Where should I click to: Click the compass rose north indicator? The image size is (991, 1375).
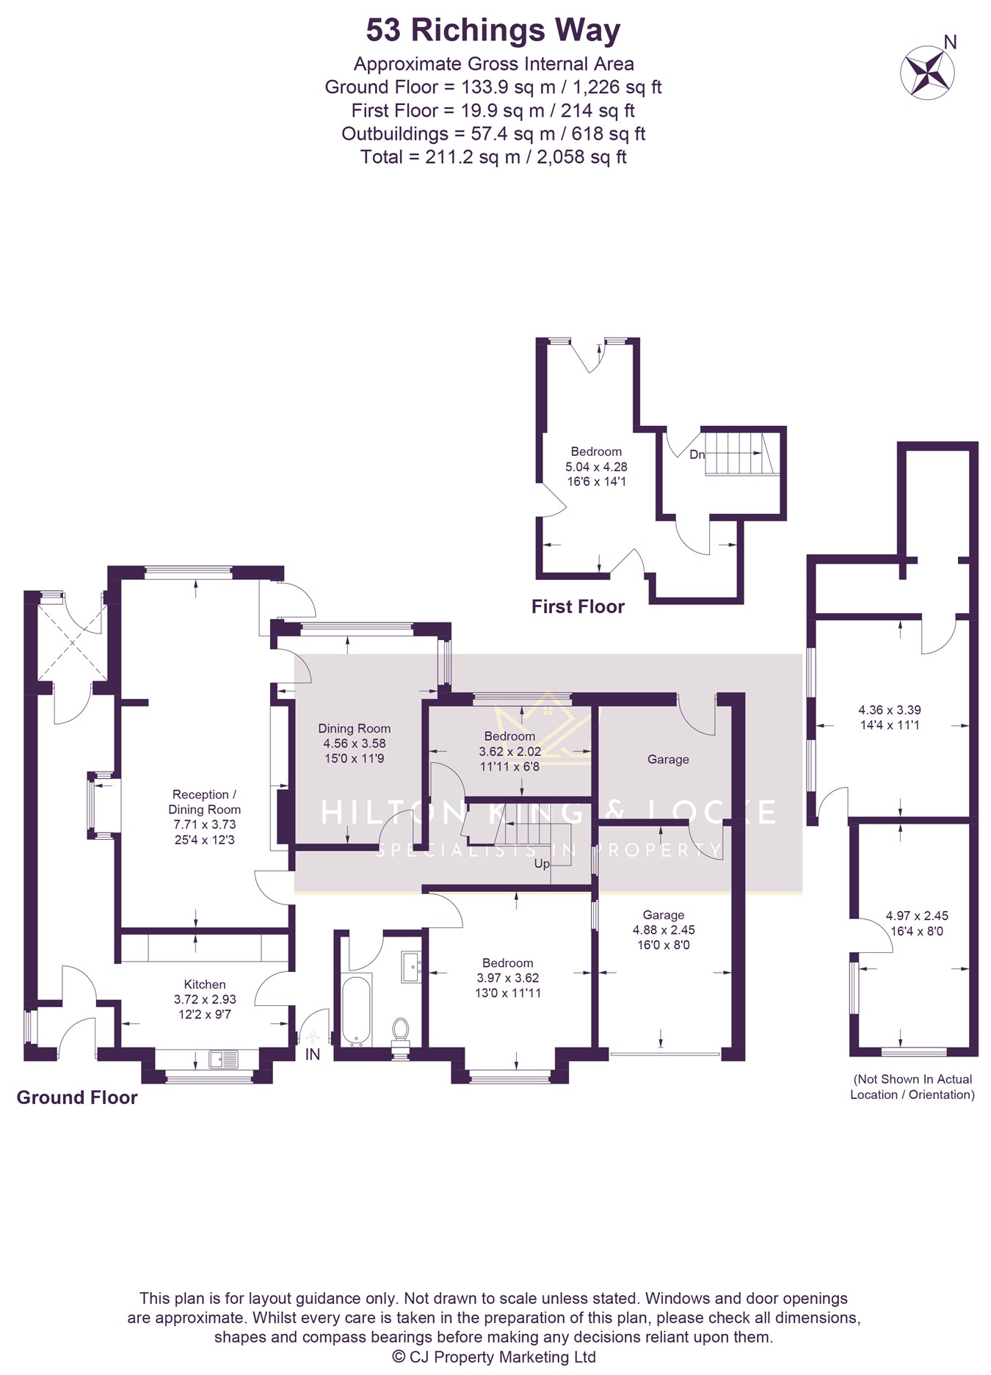coord(928,70)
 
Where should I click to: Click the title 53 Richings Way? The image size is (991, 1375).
coord(493,31)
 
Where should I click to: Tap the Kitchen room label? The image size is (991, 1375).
coord(205,984)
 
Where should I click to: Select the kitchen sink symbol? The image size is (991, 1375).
coord(224,1059)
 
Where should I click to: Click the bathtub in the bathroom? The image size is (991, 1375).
coord(357,1010)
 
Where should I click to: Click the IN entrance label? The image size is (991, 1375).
coord(313,1054)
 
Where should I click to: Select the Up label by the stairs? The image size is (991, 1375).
coord(542,864)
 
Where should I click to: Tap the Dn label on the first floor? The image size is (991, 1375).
coord(697,454)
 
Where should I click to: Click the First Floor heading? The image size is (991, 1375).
coord(578,606)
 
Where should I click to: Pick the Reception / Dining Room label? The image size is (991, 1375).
coord(204,802)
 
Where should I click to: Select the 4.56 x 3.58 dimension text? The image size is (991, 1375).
coord(355,743)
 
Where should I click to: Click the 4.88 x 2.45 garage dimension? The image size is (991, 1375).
coord(664,929)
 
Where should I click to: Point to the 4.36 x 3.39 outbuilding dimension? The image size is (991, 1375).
coord(890,710)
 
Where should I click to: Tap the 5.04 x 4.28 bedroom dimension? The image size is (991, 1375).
coord(596,466)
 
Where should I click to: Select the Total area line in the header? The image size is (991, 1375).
coord(493,157)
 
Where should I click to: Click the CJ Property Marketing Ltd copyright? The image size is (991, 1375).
coord(494,1357)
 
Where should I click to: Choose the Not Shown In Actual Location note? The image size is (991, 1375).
coord(912,1086)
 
